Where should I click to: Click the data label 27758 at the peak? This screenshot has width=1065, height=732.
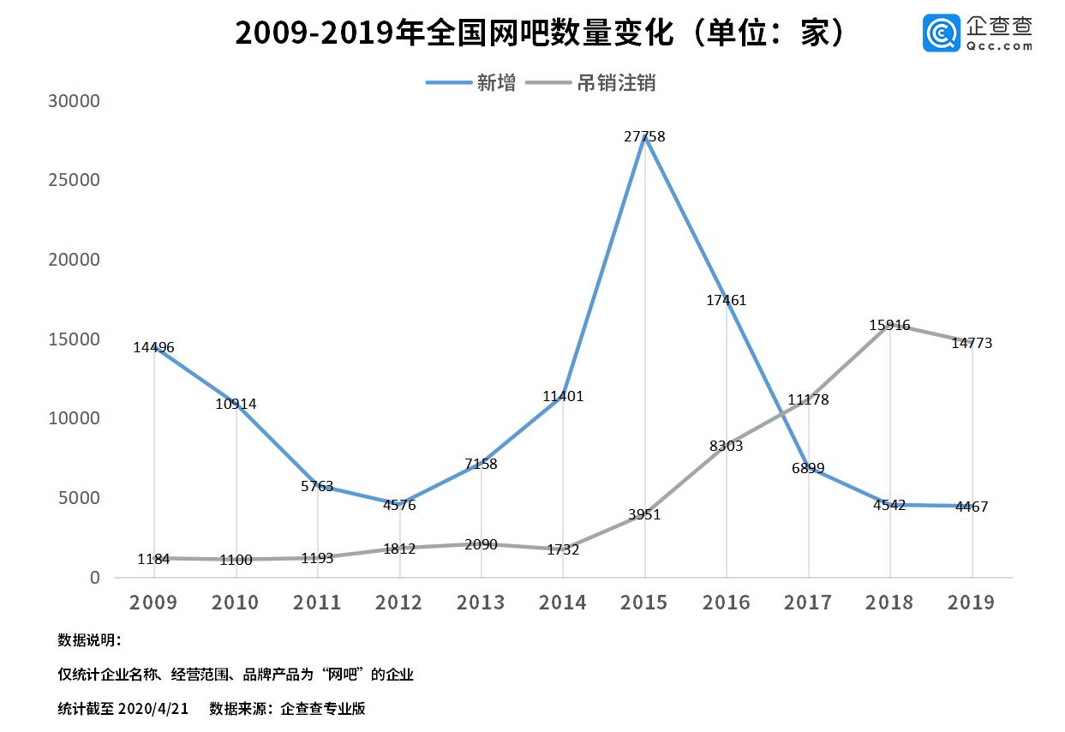644,136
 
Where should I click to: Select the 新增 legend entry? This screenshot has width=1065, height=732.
496,83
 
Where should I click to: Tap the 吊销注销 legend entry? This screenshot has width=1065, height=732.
616,83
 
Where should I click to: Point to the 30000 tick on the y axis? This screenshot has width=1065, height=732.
75,101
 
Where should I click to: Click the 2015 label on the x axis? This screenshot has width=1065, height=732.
644,603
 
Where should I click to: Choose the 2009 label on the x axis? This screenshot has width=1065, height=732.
153,603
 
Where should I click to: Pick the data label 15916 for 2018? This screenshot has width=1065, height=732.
889,326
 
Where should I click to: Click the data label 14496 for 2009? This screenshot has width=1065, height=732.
153,347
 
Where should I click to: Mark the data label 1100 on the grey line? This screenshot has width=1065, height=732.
236,560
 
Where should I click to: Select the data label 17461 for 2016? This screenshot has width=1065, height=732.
726,300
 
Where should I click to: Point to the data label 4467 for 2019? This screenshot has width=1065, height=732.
972,507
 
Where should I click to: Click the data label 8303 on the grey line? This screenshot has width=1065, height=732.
726,446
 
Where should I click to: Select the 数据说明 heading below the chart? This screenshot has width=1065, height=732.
89,640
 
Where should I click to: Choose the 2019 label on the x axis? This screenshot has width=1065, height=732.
972,603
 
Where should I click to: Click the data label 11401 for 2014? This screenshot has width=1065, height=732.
563,396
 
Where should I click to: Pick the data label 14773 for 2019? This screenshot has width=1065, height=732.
972,343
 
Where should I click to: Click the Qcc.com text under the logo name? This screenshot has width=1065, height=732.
1000,46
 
